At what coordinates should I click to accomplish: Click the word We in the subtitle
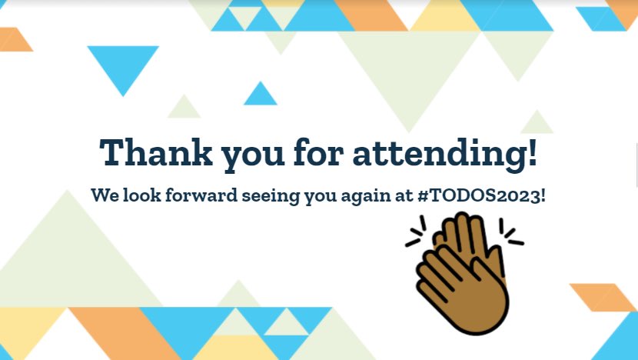click(103, 195)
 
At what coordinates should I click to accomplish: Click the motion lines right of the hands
click(511, 232)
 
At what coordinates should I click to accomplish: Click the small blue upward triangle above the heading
click(260, 96)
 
